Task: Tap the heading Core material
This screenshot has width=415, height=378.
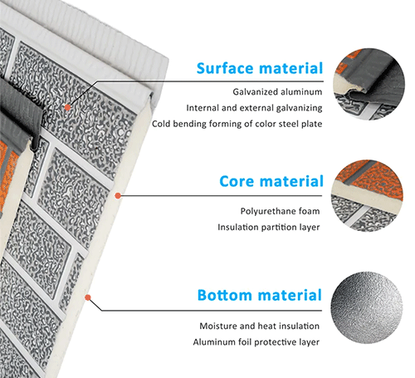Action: [x=270, y=181]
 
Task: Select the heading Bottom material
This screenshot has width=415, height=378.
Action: [x=259, y=295]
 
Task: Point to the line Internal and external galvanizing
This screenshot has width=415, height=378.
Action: [x=255, y=107]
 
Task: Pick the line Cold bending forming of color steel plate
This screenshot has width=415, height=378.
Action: [x=237, y=124]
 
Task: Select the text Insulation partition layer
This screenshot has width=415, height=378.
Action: [x=269, y=227]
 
